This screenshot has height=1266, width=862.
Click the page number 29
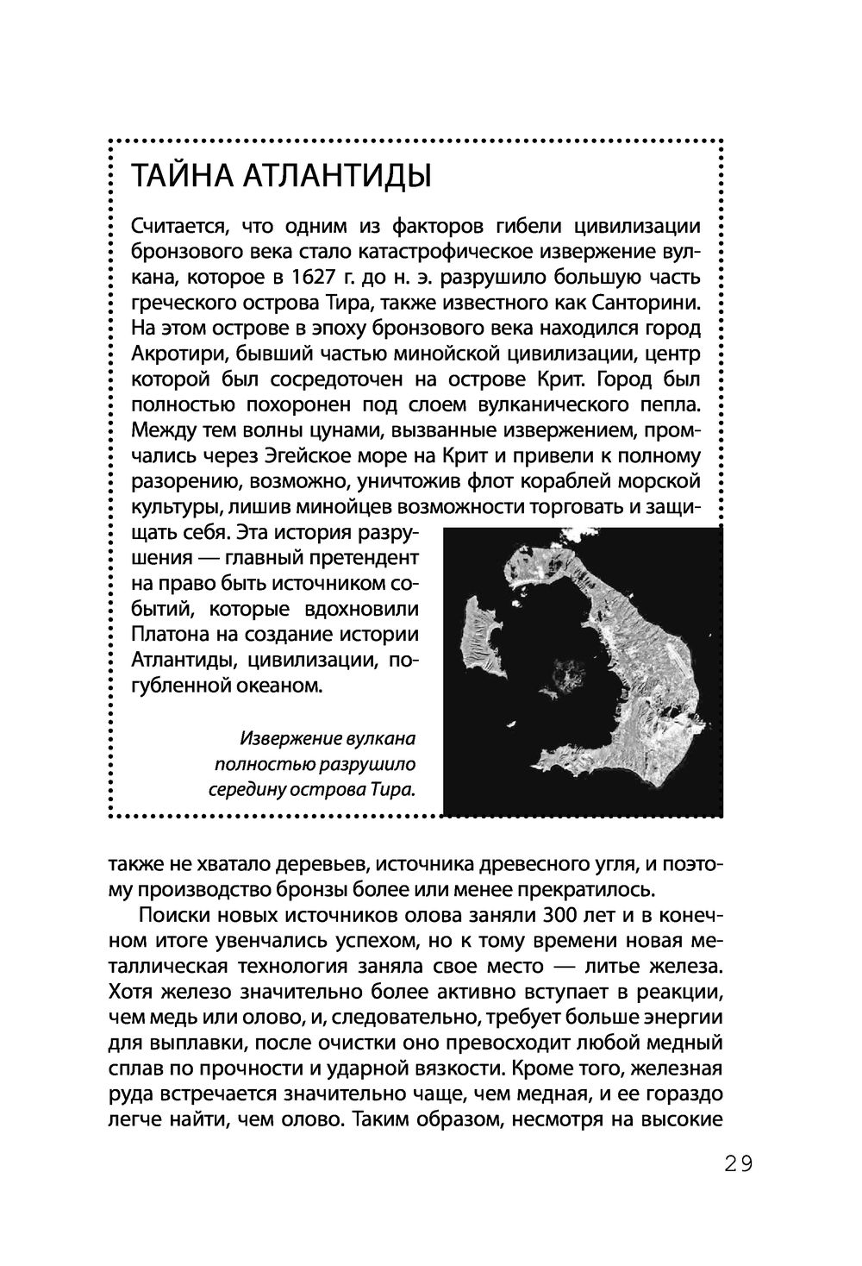(738, 1163)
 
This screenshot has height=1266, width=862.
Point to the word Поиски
(174, 914)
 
